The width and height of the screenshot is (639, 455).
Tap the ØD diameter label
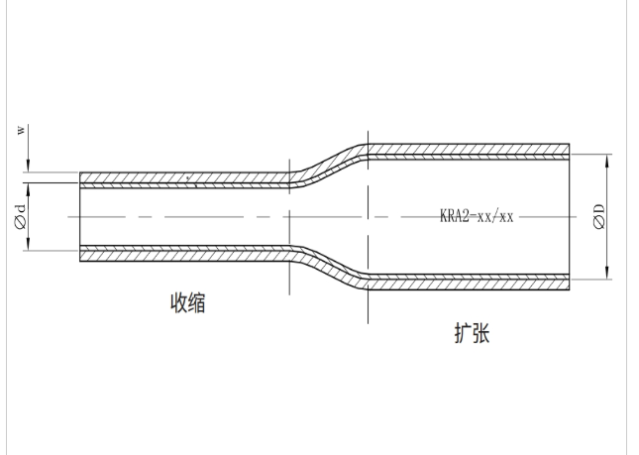(x=598, y=216)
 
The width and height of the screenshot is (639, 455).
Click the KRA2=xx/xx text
(x=477, y=216)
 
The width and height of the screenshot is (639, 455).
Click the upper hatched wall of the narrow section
(x=178, y=179)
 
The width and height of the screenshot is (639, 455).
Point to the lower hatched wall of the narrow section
(x=178, y=254)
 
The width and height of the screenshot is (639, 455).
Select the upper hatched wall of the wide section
(x=466, y=151)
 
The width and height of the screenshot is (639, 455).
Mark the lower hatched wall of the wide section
(x=466, y=282)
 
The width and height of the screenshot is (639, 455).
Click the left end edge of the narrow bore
(x=80, y=216)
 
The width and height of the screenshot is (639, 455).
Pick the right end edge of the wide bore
(x=570, y=216)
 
